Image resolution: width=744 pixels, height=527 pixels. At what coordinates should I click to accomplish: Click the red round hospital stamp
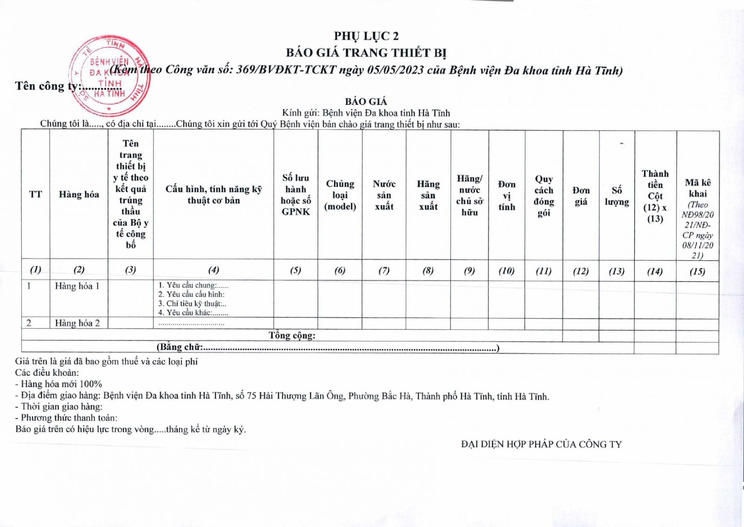pyautogui.click(x=110, y=75)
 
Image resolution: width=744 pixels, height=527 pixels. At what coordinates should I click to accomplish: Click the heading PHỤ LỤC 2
pyautogui.click(x=366, y=36)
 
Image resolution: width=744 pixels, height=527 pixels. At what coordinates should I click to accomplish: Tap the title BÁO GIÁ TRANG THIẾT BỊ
pyautogui.click(x=366, y=53)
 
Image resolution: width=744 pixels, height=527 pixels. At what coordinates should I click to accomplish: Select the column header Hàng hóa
pyautogui.click(x=79, y=194)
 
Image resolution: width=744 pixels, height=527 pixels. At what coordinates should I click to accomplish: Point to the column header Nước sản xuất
pyautogui.click(x=384, y=195)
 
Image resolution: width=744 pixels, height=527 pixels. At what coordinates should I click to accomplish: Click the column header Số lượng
pyautogui.click(x=617, y=196)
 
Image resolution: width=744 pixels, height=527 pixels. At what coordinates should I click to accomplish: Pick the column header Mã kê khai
pyautogui.click(x=697, y=188)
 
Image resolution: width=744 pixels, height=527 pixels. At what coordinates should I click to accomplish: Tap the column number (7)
pyautogui.click(x=384, y=270)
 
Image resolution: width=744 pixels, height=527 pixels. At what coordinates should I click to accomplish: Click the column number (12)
pyautogui.click(x=581, y=271)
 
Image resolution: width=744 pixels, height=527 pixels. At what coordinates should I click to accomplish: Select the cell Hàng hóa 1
pyautogui.click(x=77, y=286)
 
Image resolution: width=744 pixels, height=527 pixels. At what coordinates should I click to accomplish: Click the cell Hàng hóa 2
pyautogui.click(x=77, y=323)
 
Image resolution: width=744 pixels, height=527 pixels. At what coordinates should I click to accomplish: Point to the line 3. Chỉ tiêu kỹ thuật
pyautogui.click(x=192, y=303)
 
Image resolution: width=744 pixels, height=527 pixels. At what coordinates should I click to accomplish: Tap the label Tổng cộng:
pyautogui.click(x=292, y=335)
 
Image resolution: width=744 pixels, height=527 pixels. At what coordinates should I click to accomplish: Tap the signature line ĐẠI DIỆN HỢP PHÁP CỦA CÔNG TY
pyautogui.click(x=541, y=444)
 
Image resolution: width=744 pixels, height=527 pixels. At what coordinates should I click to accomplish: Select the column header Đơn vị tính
pyautogui.click(x=506, y=196)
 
